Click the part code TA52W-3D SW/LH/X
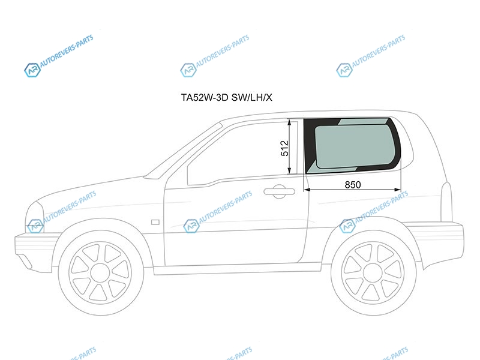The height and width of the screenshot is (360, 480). [x=226, y=97]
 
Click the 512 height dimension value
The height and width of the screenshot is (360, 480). [x=284, y=148]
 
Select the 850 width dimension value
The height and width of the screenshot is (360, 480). [x=353, y=185]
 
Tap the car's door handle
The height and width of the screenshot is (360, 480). [x=279, y=191]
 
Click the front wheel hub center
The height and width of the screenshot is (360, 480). [x=100, y=273]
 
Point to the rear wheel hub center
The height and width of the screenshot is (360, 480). [x=372, y=272]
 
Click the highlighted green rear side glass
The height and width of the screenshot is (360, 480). [x=352, y=146]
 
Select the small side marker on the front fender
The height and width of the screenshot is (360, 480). [x=155, y=222]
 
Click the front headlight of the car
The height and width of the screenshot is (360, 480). [x=34, y=217]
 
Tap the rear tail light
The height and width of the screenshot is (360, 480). [x=446, y=202]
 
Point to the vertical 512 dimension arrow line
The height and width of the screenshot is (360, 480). [x=289, y=147]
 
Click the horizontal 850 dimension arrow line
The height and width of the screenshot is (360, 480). [x=352, y=190]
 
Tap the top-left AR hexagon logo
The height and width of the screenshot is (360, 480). [x=32, y=70]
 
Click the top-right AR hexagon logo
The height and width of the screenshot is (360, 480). [x=344, y=70]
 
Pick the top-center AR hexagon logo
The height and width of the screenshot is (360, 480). [x=188, y=70]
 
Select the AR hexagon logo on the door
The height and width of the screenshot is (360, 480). [x=191, y=226]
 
